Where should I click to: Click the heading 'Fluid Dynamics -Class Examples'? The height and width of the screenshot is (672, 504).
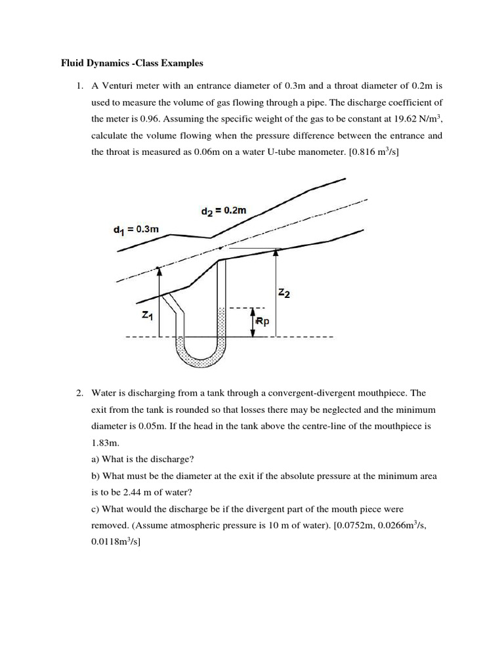(128, 64)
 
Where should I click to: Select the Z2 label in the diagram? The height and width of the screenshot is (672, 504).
(284, 294)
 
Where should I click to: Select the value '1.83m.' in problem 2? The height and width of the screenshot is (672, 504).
(104, 443)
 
